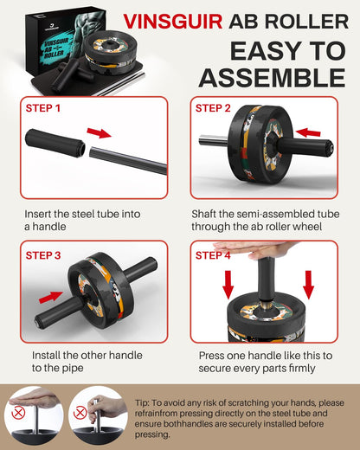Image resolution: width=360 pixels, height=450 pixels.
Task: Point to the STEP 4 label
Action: click(214, 255)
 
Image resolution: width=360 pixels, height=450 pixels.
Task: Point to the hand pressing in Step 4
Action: click(260, 251)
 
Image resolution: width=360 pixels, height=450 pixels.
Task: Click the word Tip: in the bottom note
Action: click(148, 402)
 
